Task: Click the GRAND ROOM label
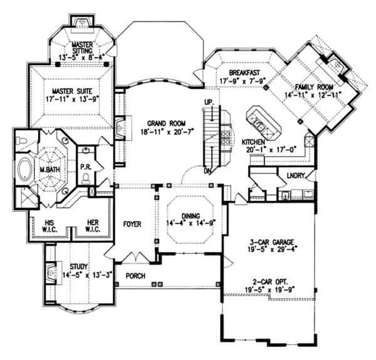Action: (166, 123)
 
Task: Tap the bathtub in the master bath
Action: (25, 170)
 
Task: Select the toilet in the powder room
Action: (86, 178)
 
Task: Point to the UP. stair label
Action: (209, 102)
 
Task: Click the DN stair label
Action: (207, 171)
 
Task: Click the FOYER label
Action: (132, 224)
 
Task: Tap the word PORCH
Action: (135, 276)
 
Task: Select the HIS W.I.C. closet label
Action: (50, 226)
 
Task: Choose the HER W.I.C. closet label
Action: (93, 226)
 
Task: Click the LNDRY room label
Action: (296, 175)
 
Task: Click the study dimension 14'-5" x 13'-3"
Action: (88, 275)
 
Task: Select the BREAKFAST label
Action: (244, 73)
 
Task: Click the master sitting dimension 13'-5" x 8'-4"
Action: (82, 57)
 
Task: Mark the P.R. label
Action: (86, 167)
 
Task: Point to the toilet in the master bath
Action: (21, 141)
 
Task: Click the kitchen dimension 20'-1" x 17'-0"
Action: (271, 150)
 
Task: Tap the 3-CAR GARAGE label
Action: (271, 242)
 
